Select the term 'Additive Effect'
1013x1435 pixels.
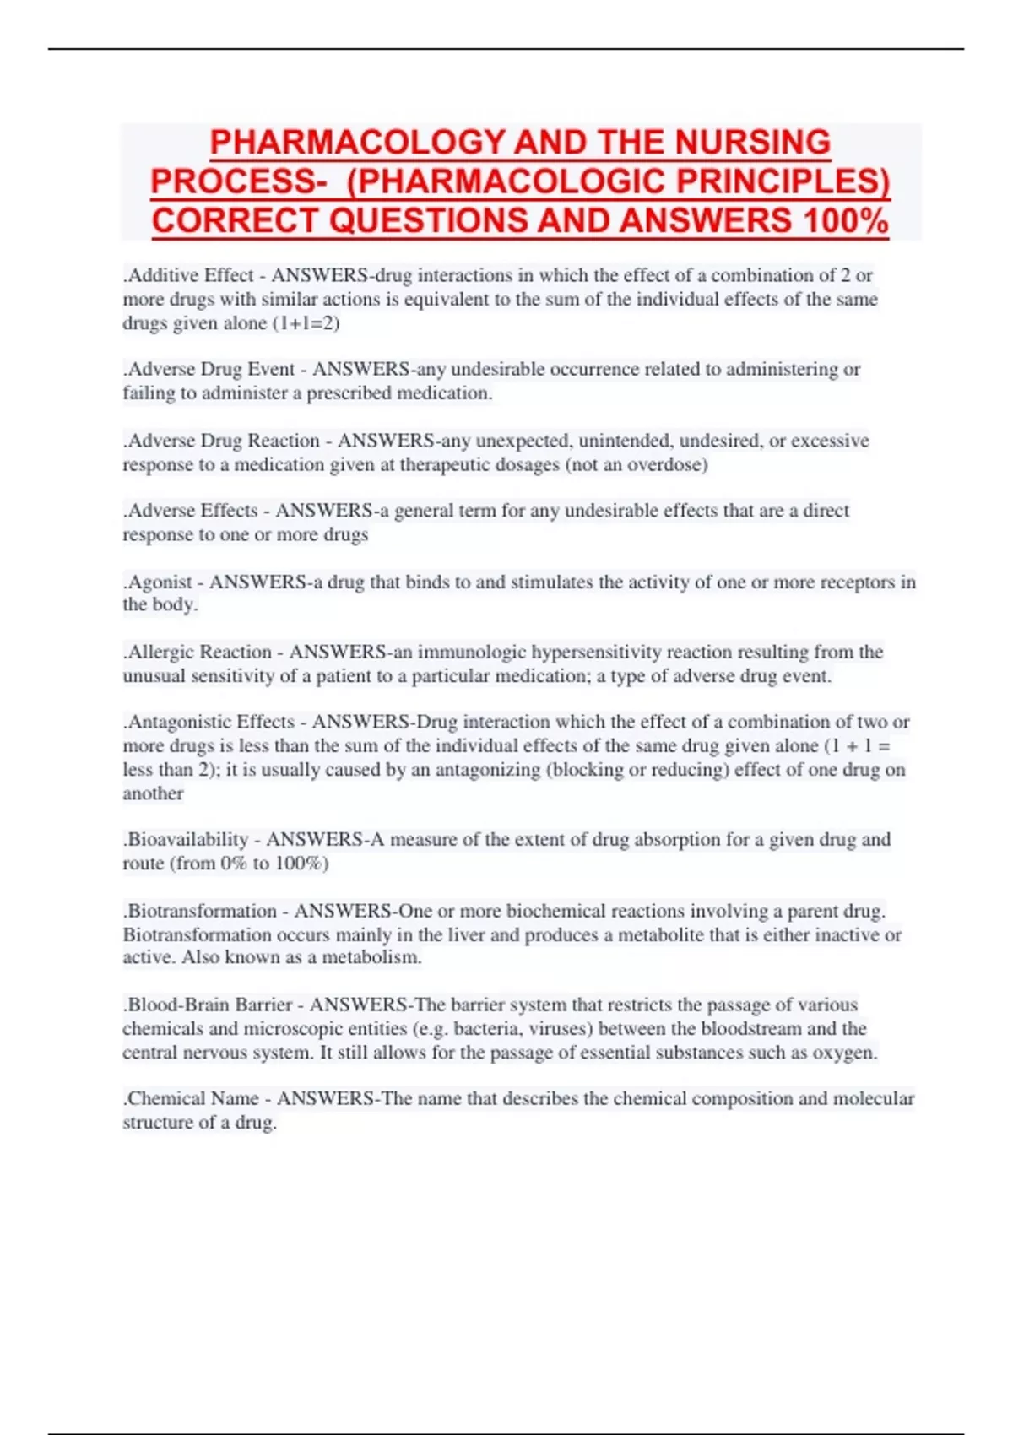tap(190, 275)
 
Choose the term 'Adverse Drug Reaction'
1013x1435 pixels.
tap(222, 441)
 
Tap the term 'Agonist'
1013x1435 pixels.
tap(160, 582)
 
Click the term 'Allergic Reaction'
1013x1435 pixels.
tap(198, 652)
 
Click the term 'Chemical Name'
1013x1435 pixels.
tap(192, 1098)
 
